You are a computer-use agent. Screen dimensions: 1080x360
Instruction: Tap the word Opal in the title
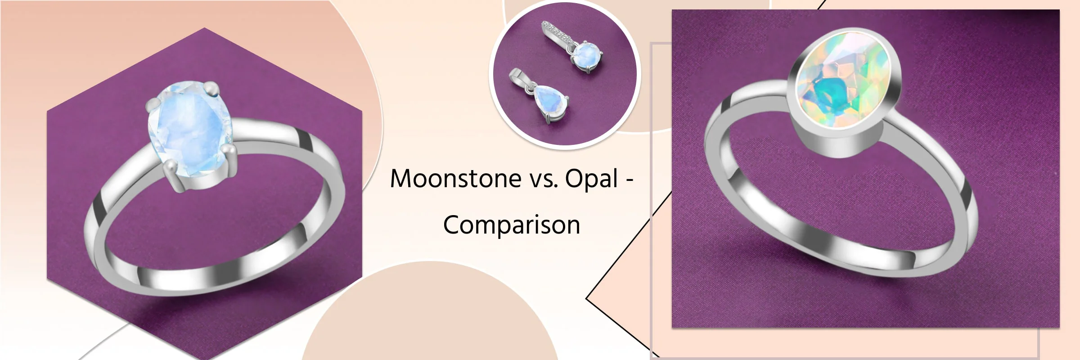pos(592,179)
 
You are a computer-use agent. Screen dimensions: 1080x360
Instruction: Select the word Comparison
pos(512,225)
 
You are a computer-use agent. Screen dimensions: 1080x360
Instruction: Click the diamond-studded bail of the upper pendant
pos(557,33)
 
